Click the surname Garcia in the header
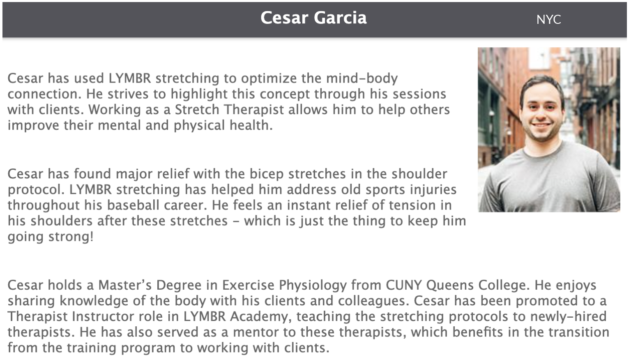340,18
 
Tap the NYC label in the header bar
548,20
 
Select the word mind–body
362,78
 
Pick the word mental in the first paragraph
119,125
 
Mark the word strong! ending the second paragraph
71,237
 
